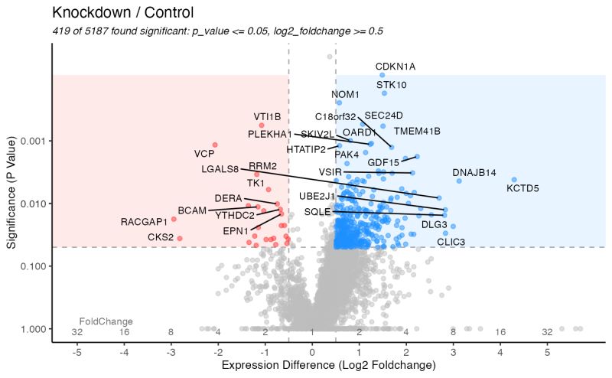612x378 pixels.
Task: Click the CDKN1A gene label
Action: (395, 67)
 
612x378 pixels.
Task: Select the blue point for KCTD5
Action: (514, 180)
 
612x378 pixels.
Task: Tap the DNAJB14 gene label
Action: (474, 172)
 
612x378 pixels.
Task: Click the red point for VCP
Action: (215, 145)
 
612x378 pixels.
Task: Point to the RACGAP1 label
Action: (144, 222)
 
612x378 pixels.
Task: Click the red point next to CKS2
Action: (180, 238)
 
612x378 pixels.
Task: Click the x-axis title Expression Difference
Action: (328, 367)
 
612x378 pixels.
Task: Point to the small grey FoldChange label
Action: (106, 321)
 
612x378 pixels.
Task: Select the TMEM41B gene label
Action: (417, 131)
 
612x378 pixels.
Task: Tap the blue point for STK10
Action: (384, 93)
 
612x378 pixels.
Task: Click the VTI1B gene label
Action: (268, 117)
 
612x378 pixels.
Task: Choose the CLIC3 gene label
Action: (451, 242)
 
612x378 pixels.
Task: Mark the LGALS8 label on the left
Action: (220, 169)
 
